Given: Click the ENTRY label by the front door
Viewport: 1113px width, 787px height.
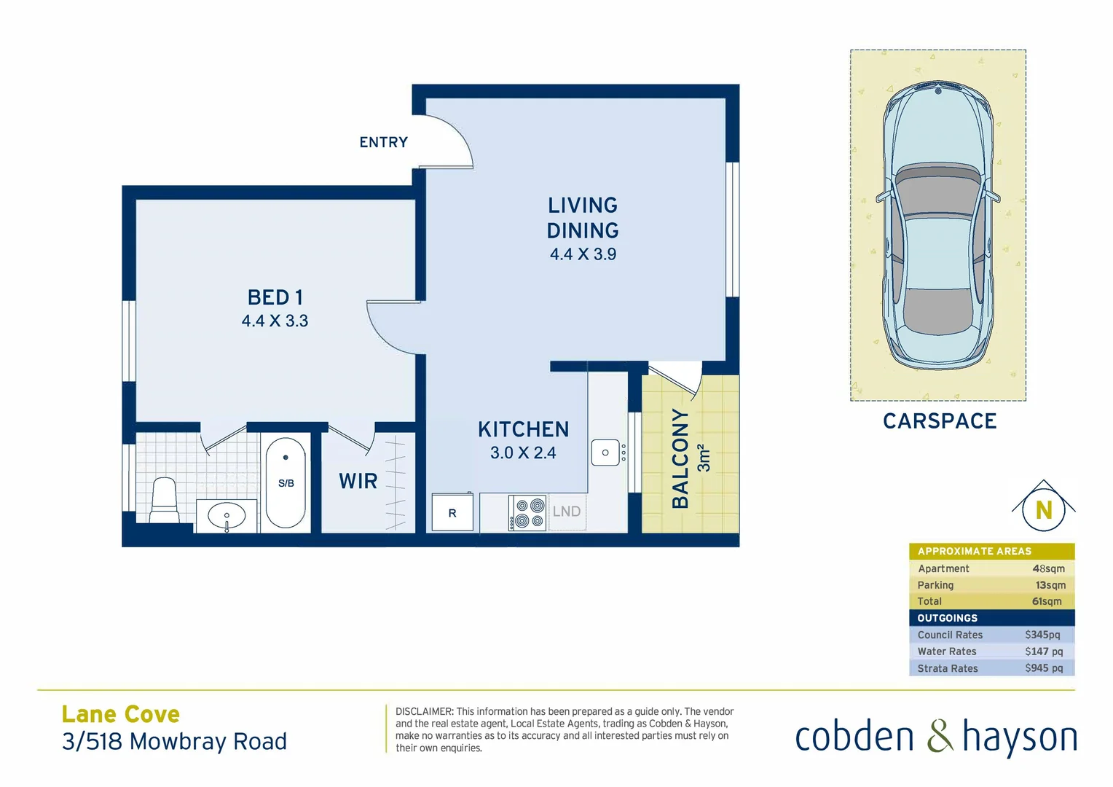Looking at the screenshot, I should [x=383, y=142].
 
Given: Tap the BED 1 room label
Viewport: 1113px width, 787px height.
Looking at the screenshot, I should [x=275, y=297].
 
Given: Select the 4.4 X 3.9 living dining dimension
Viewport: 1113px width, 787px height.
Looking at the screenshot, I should [x=583, y=254].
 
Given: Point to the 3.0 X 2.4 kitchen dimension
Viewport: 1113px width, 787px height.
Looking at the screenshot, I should [x=523, y=453].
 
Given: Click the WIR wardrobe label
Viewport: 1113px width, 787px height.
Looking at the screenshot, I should [x=358, y=481].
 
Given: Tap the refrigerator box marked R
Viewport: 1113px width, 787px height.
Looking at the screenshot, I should [x=452, y=512].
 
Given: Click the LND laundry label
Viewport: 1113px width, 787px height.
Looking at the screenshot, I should [x=567, y=512].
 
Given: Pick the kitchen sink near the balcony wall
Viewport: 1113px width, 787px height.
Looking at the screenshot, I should [x=605, y=453].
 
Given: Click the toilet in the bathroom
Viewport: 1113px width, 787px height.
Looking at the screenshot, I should [x=165, y=500].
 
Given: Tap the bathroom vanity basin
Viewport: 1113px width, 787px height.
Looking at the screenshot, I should [x=227, y=516].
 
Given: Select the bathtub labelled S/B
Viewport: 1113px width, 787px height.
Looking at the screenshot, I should [x=286, y=482].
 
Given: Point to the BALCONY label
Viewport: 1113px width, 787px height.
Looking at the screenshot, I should [x=680, y=458].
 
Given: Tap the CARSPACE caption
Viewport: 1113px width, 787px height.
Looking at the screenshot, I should [x=940, y=421].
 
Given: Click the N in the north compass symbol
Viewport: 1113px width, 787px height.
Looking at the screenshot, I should [x=1044, y=511].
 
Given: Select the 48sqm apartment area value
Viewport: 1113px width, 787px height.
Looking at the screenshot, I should [x=1048, y=568].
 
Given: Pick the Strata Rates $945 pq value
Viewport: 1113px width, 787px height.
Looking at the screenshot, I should [x=1043, y=668].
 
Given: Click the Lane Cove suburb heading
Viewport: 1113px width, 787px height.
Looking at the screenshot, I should [x=121, y=714].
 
